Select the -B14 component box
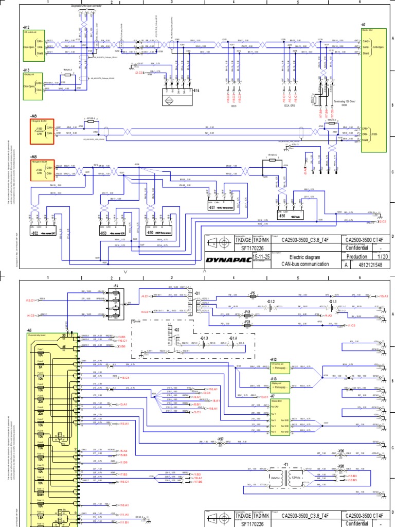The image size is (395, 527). pyautogui.click(x=174, y=97)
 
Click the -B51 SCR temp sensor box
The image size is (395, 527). pyautogui.click(x=220, y=198)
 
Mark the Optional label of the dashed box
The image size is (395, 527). pyautogui.click(x=137, y=320)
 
